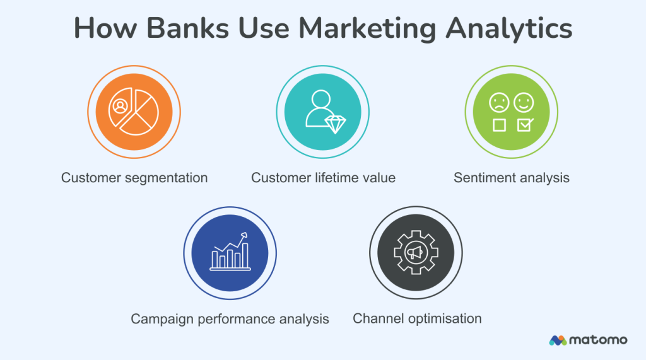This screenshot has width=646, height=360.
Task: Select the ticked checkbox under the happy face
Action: pyautogui.click(x=524, y=124)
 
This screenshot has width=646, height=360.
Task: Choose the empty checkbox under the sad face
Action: pyautogui.click(x=499, y=125)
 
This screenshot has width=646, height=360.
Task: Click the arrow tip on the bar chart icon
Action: pyautogui.click(x=244, y=235)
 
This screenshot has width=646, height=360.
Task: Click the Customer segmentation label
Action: pyautogui.click(x=134, y=178)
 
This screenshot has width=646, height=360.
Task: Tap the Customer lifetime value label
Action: pyautogui.click(x=323, y=178)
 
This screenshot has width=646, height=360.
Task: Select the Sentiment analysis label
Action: pyautogui.click(x=512, y=178)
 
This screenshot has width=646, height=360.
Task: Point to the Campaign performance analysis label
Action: pyautogui.click(x=230, y=319)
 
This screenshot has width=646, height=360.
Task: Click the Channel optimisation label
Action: pyautogui.click(x=417, y=318)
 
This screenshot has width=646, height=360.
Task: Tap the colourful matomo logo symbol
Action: pyautogui.click(x=558, y=340)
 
